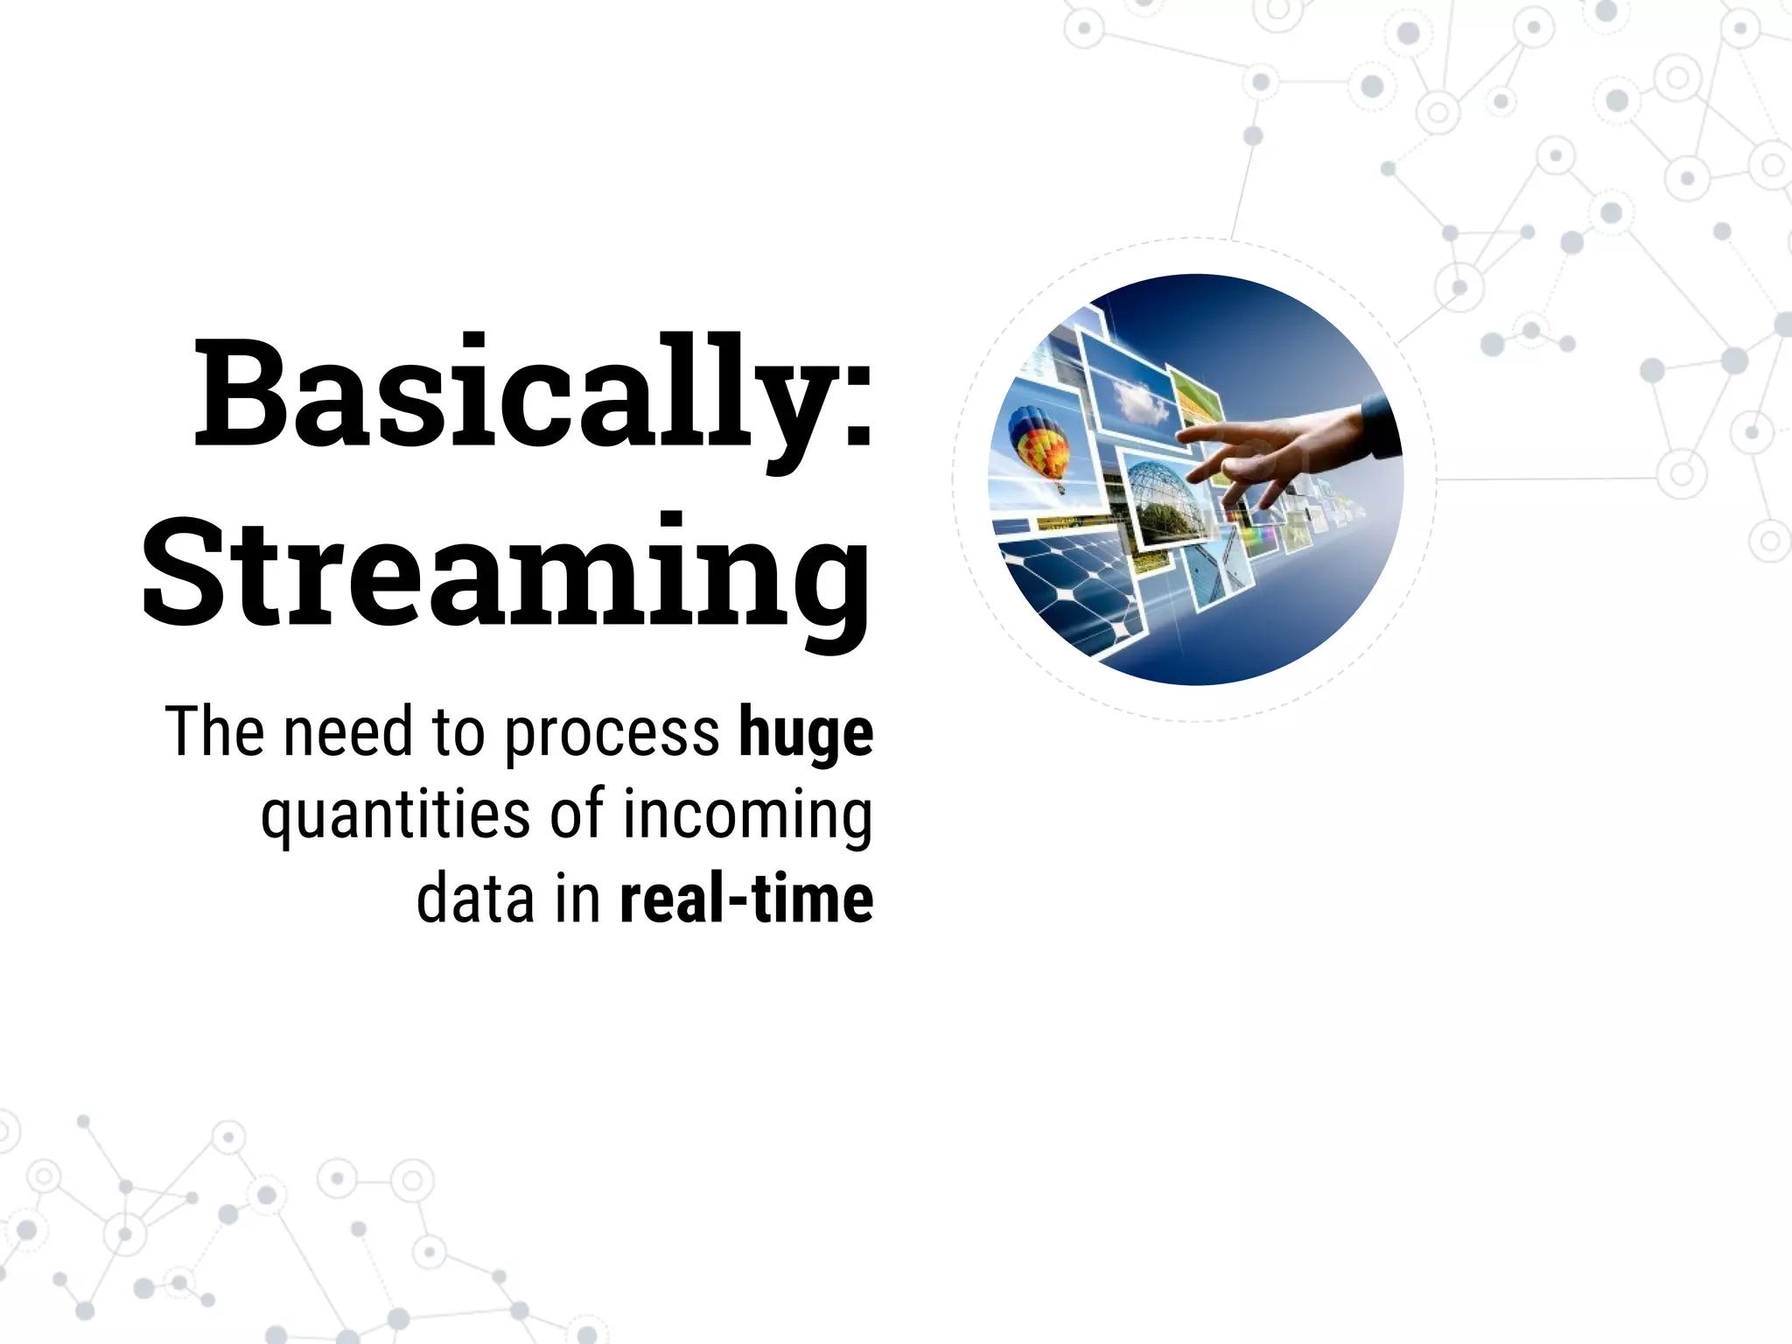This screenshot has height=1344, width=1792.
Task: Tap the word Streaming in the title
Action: tap(506, 573)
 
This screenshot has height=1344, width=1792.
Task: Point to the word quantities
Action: tap(395, 815)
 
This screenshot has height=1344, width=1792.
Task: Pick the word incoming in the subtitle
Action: tap(747, 815)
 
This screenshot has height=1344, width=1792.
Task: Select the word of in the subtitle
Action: tap(577, 815)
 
